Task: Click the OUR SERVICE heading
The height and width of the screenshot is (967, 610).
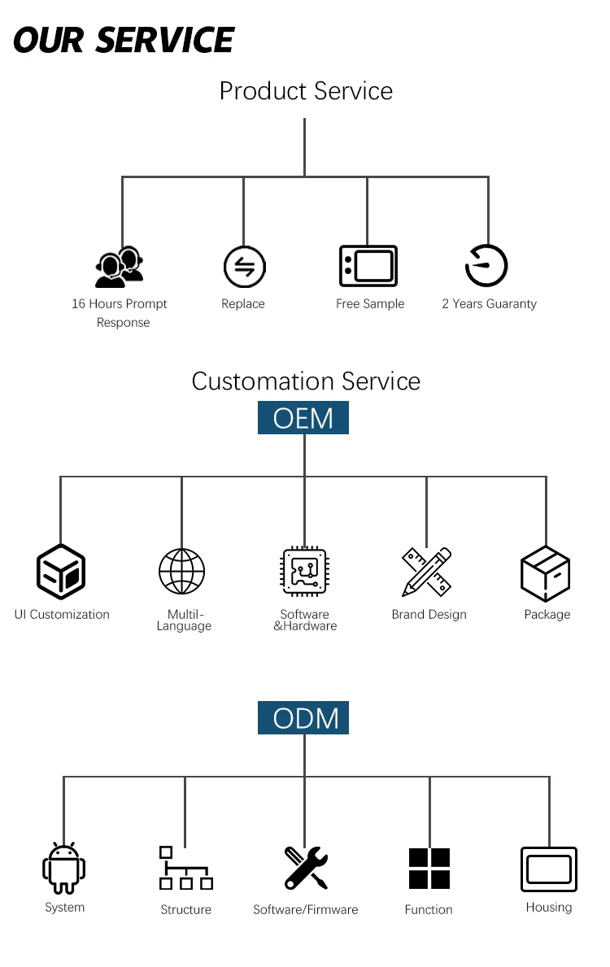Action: click(x=124, y=40)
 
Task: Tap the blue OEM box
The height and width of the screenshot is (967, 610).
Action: click(x=303, y=418)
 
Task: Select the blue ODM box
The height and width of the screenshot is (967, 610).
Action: click(x=303, y=718)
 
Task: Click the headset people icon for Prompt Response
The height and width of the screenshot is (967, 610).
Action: click(x=120, y=268)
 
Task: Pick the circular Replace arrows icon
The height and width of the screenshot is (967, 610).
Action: click(x=244, y=267)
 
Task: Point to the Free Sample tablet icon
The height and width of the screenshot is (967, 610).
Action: click(x=368, y=266)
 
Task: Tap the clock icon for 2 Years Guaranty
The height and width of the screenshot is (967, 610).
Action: click(x=486, y=266)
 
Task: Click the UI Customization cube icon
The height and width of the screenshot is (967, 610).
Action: click(x=61, y=571)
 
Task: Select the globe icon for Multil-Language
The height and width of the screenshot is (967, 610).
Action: click(x=181, y=571)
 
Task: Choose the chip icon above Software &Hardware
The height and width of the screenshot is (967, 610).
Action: click(x=304, y=572)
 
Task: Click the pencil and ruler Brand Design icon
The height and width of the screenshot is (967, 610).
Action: click(x=427, y=572)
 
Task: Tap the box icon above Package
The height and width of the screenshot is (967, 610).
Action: click(x=545, y=573)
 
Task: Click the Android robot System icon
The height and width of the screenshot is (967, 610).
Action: click(x=63, y=869)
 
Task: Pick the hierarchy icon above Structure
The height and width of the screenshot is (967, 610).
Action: click(x=185, y=868)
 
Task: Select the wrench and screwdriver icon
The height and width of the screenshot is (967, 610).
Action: click(x=306, y=868)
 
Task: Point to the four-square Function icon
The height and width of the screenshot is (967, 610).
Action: click(x=429, y=869)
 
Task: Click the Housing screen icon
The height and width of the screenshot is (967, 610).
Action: click(x=549, y=869)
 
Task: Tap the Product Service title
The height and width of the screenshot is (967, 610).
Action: click(x=306, y=91)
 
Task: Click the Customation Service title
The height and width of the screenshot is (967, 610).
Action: click(x=306, y=381)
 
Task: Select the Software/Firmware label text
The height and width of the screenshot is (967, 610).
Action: click(x=306, y=909)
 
